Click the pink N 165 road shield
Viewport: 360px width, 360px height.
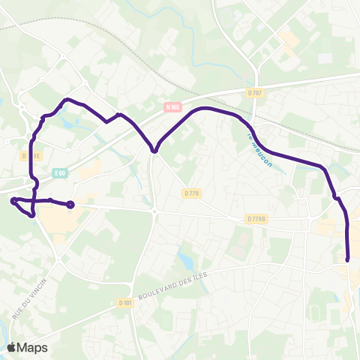[174, 107]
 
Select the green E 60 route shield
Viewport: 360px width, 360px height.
[61, 173]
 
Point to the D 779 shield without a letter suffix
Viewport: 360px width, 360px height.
[192, 193]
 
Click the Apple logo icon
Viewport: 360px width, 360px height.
[11, 347]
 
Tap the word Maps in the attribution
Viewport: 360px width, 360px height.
[32, 347]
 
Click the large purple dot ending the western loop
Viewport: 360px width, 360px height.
[70, 204]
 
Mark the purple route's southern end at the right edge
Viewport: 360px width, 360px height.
[349, 259]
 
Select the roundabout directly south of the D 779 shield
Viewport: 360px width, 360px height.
[154, 211]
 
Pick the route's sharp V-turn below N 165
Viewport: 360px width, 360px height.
[154, 151]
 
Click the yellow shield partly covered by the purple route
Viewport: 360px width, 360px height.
[29, 156]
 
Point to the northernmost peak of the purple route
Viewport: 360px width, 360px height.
[68, 99]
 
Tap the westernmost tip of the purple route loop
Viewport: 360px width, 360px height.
[13, 200]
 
